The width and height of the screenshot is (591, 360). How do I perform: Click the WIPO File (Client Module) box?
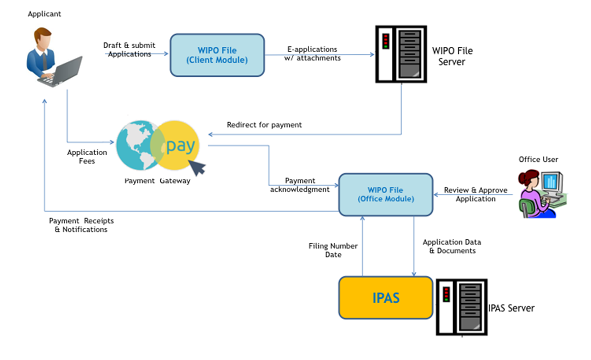(x=217, y=55)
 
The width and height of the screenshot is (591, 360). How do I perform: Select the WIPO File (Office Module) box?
(x=386, y=195)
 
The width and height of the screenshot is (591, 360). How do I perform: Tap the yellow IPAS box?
(x=386, y=298)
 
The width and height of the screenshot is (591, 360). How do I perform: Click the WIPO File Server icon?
(x=401, y=54)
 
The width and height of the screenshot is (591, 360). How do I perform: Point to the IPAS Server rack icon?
(x=462, y=307)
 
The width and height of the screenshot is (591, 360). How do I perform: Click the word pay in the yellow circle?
(x=181, y=146)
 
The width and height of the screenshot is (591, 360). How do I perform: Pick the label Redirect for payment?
(x=264, y=125)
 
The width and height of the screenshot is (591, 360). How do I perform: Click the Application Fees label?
(x=87, y=157)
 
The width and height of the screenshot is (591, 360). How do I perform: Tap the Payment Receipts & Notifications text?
(x=81, y=225)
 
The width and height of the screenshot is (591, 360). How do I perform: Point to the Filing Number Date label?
(x=333, y=250)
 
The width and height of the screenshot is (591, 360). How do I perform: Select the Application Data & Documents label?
(x=452, y=246)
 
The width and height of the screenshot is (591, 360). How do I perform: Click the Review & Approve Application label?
(x=476, y=194)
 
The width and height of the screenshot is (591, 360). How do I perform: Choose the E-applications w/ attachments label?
(x=312, y=54)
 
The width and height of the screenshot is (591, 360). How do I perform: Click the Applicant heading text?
(x=44, y=14)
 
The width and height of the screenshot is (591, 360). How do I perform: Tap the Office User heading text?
(x=538, y=159)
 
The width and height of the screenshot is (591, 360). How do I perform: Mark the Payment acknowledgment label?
(x=300, y=185)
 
